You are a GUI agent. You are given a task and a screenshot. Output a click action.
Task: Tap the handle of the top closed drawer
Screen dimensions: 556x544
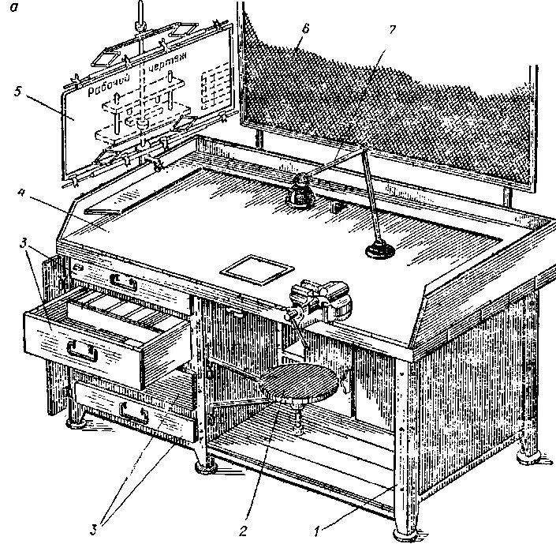124,280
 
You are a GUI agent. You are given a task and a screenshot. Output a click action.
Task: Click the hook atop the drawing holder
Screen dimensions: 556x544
139,9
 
